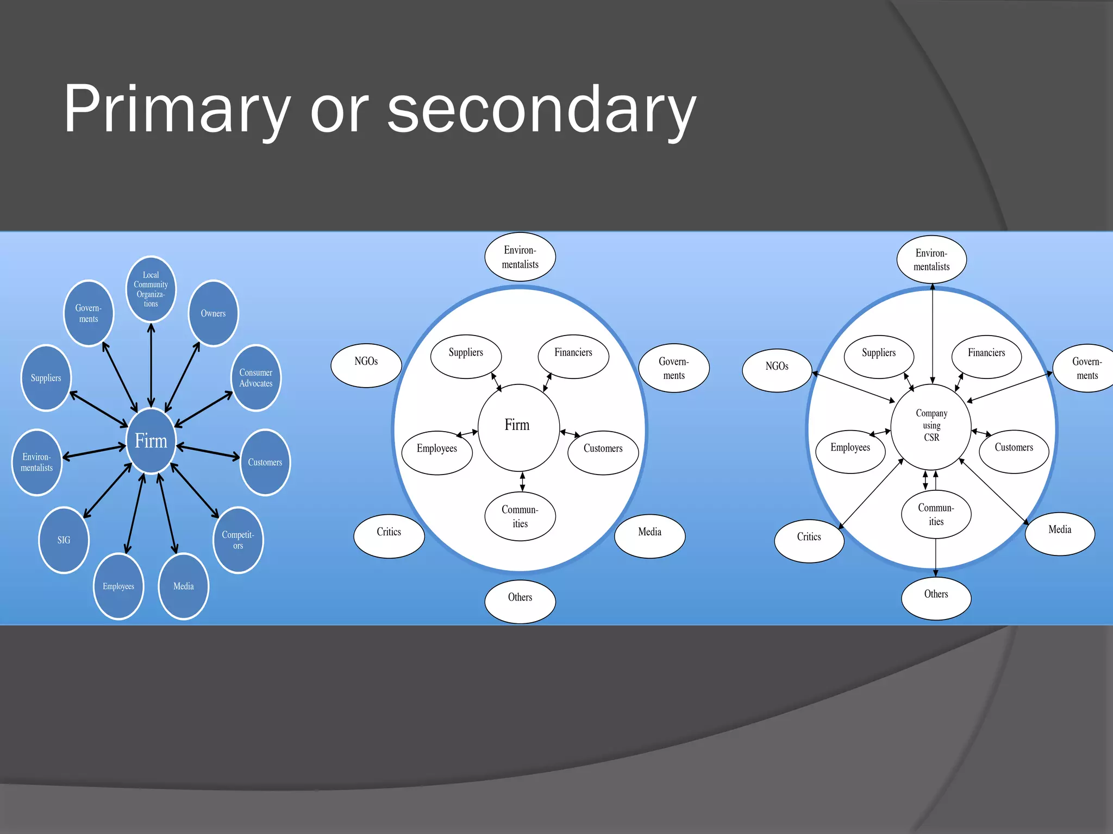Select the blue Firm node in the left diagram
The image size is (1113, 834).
click(151, 440)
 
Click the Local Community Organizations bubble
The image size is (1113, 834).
click(151, 289)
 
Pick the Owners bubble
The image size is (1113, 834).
click(213, 313)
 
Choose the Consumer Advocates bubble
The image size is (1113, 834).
click(256, 378)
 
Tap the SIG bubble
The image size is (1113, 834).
click(64, 540)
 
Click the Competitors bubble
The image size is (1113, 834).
click(238, 540)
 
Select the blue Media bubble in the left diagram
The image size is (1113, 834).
click(183, 586)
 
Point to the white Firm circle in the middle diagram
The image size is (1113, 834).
click(518, 427)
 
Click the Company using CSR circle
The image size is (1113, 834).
click(931, 427)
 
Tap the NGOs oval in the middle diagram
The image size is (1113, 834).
click(366, 365)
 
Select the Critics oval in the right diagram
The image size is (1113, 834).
click(809, 541)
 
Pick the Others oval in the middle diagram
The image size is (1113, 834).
click(520, 601)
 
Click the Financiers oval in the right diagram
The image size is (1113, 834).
click(986, 357)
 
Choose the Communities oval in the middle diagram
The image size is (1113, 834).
click(520, 516)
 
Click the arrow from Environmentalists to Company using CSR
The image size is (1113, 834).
click(933, 334)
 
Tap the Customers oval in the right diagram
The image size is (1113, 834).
click(1014, 451)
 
